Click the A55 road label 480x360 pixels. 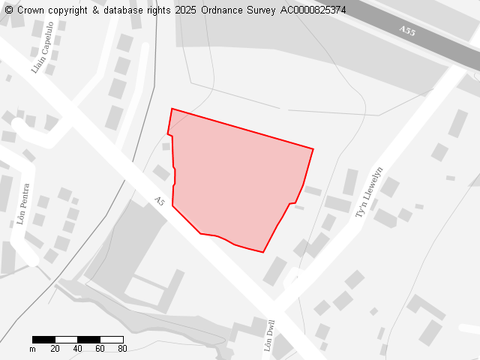point(407,31)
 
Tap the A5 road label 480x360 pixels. point(159,202)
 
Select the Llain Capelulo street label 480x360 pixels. point(42,47)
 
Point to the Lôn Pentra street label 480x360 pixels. point(22,204)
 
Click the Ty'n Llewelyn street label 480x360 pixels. point(369,192)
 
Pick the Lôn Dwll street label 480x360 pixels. point(270,336)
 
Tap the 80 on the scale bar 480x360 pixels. point(122,349)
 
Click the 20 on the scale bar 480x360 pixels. point(55,349)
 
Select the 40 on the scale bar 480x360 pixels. point(77,349)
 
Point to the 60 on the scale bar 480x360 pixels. point(100,349)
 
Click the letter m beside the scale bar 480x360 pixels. point(32,349)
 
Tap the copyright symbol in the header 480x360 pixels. point(9,10)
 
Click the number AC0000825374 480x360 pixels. point(313,10)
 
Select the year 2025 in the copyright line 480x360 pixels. point(187,10)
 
